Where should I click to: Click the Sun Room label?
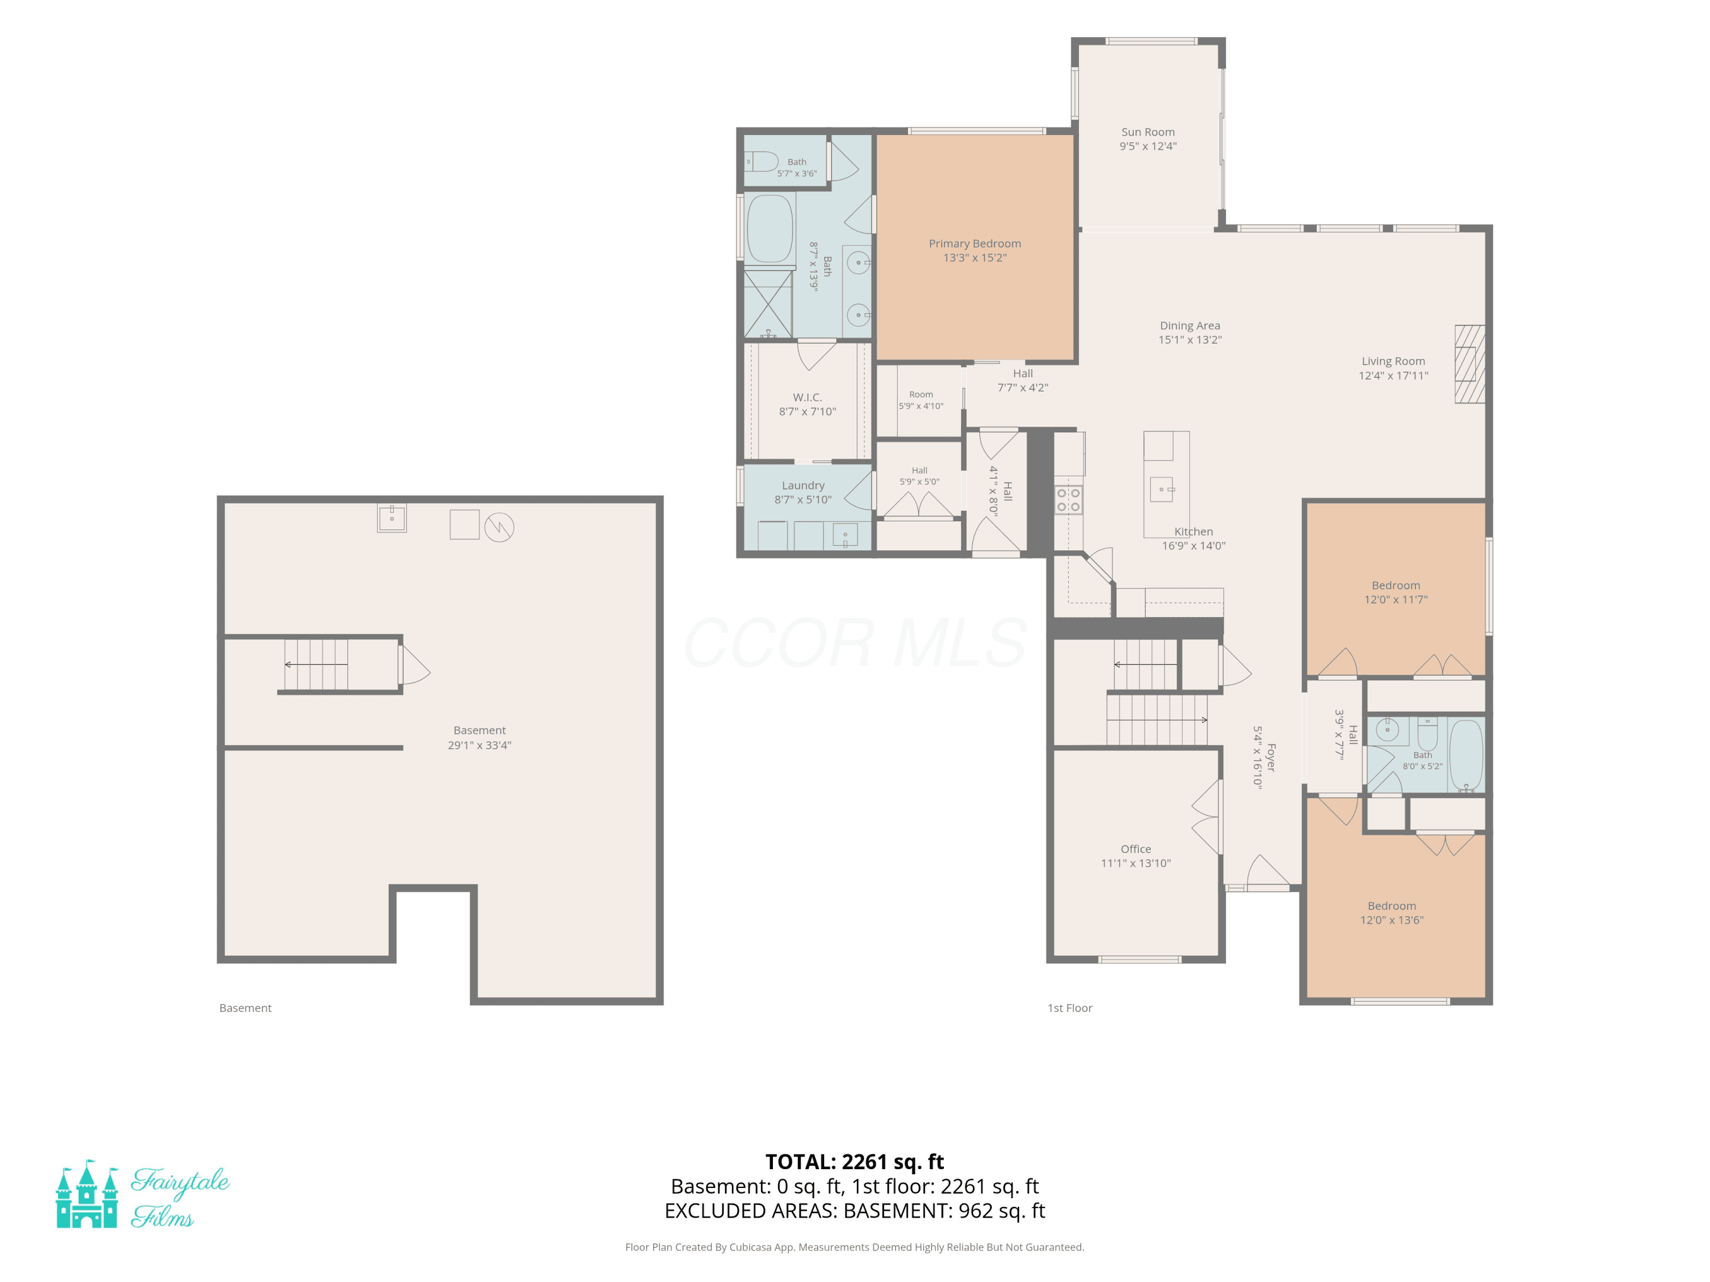[1148, 132]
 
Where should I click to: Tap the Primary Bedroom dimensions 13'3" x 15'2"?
[975, 258]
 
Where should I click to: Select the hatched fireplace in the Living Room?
[1469, 364]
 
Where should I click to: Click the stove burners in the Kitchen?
[1068, 499]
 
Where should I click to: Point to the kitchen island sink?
[1162, 489]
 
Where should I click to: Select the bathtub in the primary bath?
[770, 228]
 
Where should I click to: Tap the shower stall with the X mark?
[768, 303]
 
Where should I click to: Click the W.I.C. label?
[807, 397]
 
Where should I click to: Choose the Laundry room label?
[803, 485]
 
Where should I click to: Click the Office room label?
[1135, 850]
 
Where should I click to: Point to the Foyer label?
[1271, 757]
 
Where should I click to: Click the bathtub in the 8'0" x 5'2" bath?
[1465, 755]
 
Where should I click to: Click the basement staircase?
[316, 664]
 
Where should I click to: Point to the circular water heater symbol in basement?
[499, 527]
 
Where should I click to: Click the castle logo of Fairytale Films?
[87, 1193]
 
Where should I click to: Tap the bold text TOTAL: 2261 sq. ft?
[854, 1162]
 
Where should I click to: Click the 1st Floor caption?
[1070, 1009]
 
